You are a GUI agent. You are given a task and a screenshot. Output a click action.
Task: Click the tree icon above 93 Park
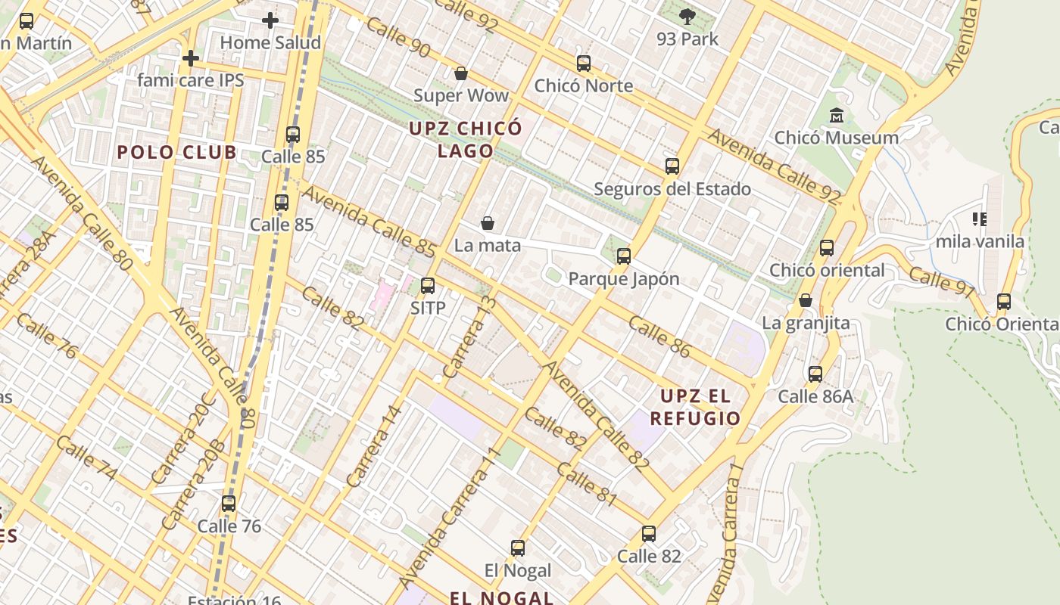[x=687, y=16]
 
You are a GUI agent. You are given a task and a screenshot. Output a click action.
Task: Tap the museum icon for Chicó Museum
[x=837, y=116]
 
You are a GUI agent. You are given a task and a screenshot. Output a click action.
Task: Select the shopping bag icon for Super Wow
[x=460, y=73]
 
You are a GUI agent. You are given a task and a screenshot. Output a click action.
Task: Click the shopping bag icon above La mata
[x=488, y=223]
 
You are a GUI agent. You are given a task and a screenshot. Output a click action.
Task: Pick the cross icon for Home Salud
[x=270, y=20]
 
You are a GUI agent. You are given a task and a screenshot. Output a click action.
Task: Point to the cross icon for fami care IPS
[x=191, y=57]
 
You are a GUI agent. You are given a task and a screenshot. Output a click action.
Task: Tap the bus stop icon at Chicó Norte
[x=583, y=64]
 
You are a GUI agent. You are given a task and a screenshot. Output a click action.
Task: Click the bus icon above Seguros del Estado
[x=672, y=166]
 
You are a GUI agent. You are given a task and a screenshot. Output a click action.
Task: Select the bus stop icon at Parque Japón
[x=623, y=256]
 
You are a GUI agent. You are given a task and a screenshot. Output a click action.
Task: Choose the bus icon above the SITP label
[x=428, y=286]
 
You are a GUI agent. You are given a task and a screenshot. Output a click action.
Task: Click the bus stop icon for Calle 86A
[x=815, y=374]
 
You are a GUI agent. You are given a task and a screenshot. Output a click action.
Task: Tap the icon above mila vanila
[x=980, y=219]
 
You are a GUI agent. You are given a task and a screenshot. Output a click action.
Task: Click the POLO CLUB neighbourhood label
[x=176, y=152]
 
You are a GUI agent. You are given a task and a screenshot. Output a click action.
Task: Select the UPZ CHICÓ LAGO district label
[x=466, y=139]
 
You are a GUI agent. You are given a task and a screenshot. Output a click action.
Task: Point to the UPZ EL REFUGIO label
[x=695, y=407]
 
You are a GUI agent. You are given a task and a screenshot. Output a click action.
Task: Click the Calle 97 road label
[x=941, y=281]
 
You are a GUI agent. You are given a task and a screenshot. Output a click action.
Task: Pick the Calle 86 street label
[x=659, y=337]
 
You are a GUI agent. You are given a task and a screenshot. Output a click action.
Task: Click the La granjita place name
[x=806, y=323]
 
